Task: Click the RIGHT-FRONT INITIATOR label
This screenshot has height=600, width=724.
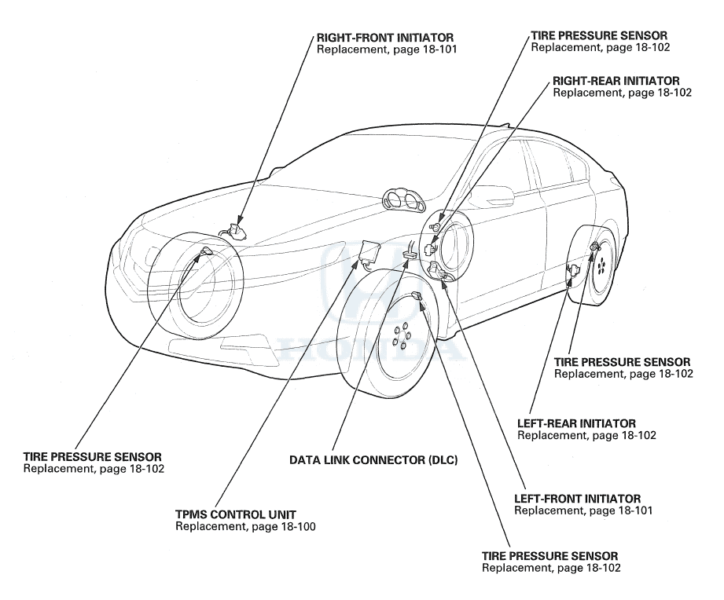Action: (x=385, y=37)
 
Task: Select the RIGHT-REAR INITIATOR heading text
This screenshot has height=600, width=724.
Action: (x=616, y=80)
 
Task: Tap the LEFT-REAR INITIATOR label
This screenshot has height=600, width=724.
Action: (x=576, y=423)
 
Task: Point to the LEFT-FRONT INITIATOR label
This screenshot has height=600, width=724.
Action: (x=577, y=499)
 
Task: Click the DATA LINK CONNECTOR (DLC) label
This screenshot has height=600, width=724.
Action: (x=373, y=460)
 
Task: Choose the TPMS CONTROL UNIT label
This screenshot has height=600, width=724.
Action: (x=236, y=514)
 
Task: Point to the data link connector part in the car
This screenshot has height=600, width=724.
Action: (x=410, y=254)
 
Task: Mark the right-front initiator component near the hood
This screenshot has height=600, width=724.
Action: (x=233, y=229)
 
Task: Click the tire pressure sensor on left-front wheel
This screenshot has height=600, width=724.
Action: (x=417, y=296)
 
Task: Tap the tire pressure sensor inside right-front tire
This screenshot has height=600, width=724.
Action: (x=207, y=251)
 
